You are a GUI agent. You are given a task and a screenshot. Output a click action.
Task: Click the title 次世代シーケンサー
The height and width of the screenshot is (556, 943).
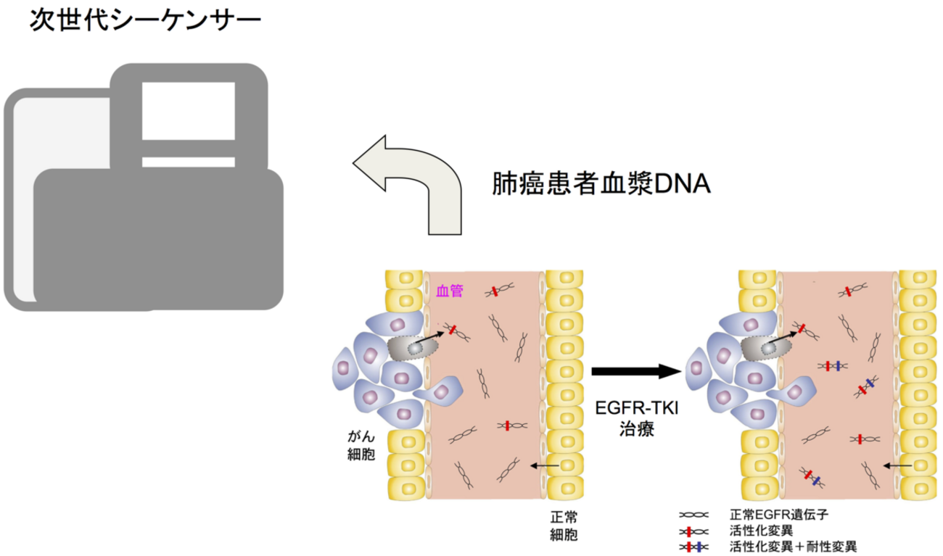(144, 20)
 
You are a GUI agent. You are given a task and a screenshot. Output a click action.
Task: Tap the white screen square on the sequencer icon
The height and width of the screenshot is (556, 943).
(188, 111)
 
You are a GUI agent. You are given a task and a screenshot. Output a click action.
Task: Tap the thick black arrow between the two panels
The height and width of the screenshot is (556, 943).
(636, 372)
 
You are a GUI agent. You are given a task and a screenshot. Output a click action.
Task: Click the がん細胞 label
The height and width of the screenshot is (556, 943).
(361, 447)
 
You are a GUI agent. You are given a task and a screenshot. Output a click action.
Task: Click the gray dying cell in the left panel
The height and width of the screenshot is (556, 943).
(411, 348)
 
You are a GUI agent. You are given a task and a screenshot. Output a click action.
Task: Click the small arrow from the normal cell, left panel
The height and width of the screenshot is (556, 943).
(545, 465)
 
